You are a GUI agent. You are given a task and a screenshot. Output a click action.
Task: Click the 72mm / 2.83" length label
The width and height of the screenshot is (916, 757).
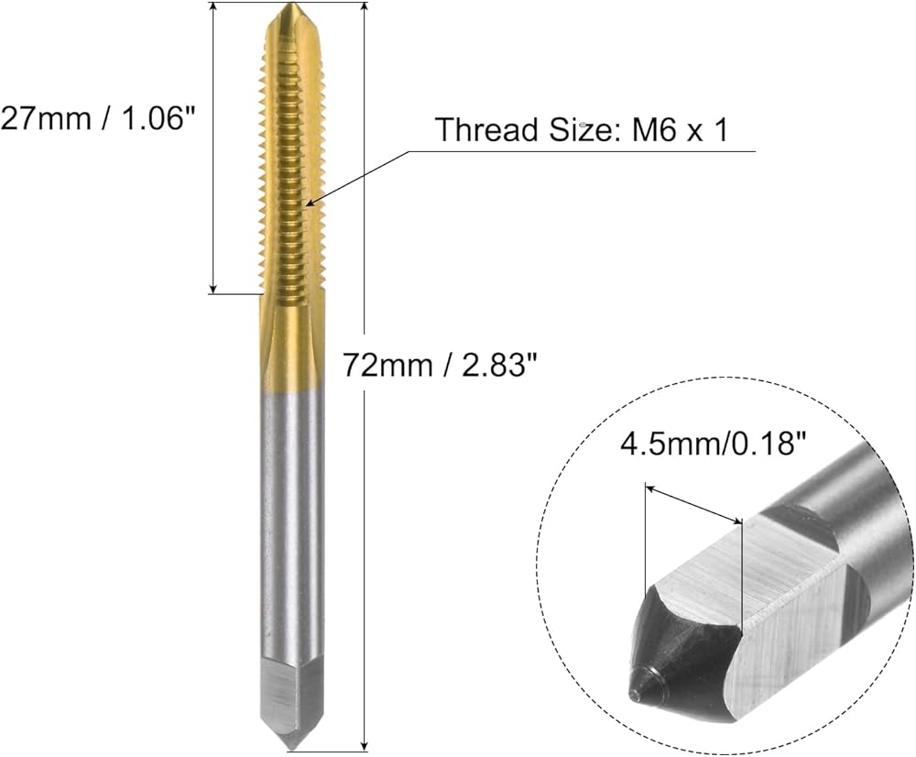(x=439, y=366)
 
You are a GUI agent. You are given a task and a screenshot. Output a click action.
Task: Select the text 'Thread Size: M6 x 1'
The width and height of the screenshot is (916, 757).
(x=583, y=129)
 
